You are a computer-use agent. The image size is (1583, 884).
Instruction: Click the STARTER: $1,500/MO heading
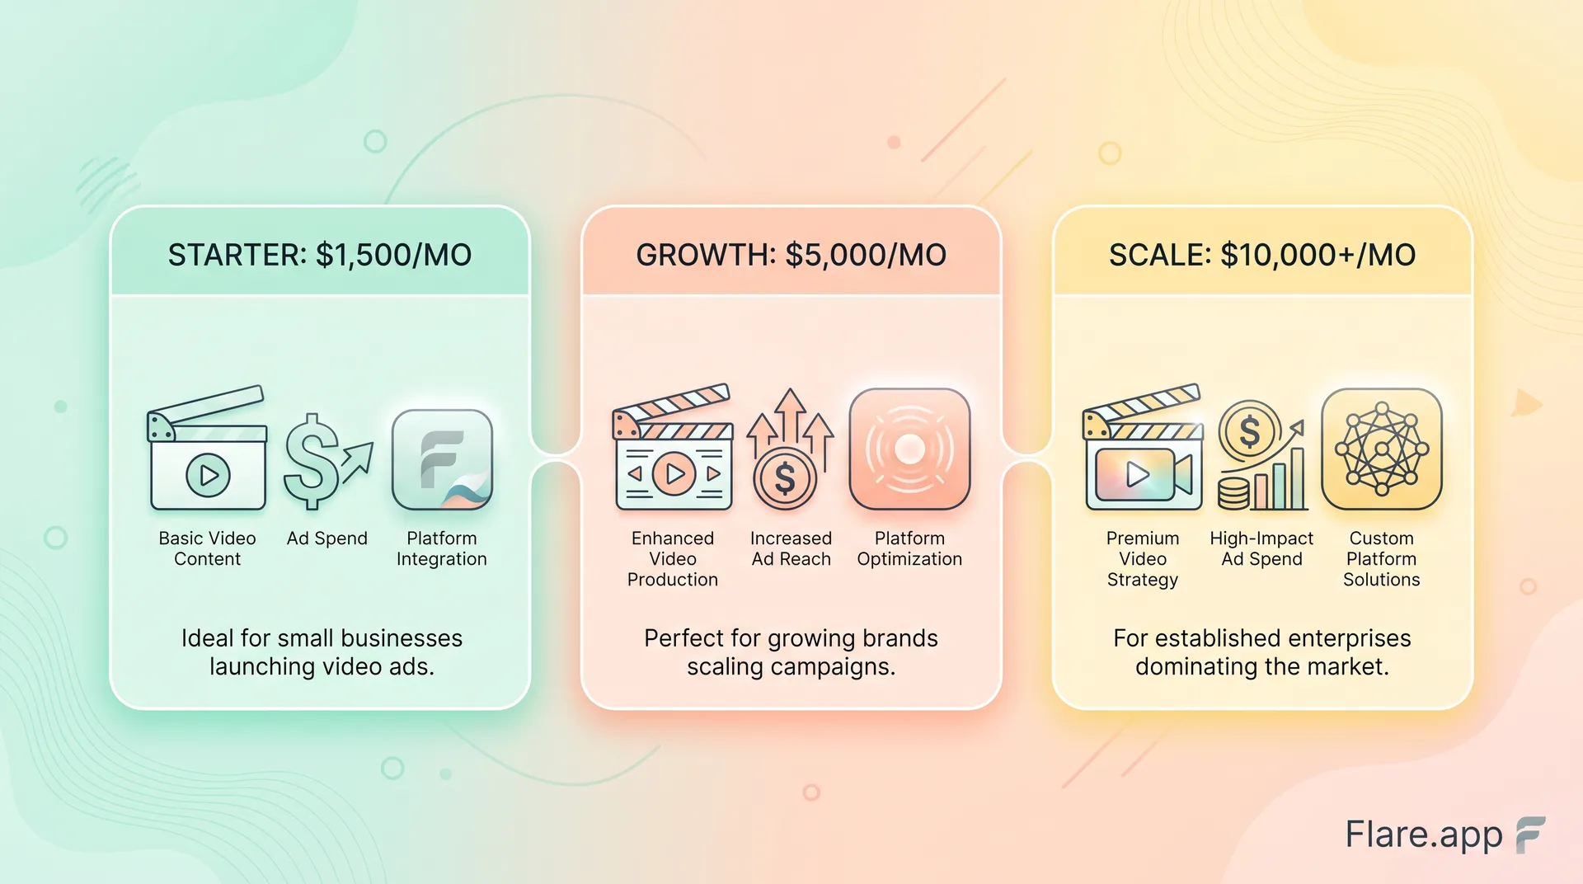pyautogui.click(x=320, y=255)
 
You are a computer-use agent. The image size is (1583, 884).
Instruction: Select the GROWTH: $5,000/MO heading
pyautogui.click(x=791, y=255)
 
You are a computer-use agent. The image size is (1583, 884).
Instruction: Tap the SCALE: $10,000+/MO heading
pyautogui.click(x=1262, y=255)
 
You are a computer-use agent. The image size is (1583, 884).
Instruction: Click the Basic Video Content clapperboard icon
pyautogui.click(x=207, y=448)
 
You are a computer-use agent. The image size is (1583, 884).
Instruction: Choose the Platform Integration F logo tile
pyautogui.click(x=442, y=460)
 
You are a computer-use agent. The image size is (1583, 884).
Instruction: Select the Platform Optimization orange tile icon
pyautogui.click(x=909, y=449)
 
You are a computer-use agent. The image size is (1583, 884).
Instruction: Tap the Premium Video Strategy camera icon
pyautogui.click(x=1143, y=447)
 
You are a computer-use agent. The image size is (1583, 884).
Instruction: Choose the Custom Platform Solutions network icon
pyautogui.click(x=1382, y=449)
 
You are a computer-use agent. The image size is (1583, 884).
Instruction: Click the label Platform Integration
pyautogui.click(x=442, y=548)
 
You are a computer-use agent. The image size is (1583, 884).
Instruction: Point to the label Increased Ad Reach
pyautogui.click(x=791, y=548)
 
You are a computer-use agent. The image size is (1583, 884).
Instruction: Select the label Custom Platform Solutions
pyautogui.click(x=1382, y=559)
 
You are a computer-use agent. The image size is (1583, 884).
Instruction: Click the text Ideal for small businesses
pyautogui.click(x=322, y=638)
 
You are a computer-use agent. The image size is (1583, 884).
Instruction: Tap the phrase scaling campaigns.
pyautogui.click(x=791, y=666)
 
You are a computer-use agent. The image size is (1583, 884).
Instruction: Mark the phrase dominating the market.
pyautogui.click(x=1262, y=666)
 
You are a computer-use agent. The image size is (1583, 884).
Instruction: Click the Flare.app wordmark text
pyautogui.click(x=1424, y=835)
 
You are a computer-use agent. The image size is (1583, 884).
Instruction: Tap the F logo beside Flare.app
pyautogui.click(x=1530, y=835)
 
